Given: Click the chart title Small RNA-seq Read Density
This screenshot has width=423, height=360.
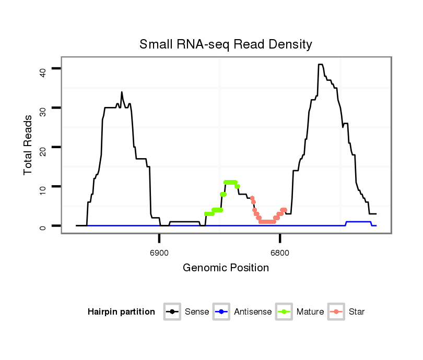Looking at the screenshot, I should pos(226,44).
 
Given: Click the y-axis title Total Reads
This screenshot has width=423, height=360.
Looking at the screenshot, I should pos(28,145).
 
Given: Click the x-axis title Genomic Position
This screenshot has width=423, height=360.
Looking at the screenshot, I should pos(226,268).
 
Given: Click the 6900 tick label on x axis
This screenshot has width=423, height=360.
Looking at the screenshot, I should pos(159,253).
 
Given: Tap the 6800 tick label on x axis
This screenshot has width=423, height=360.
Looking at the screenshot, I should pos(280,253).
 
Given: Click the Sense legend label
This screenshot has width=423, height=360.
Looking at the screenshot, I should pos(197,312).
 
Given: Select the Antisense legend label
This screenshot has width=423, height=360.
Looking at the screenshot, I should pos(253,312).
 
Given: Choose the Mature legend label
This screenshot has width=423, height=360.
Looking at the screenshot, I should pos(310,312).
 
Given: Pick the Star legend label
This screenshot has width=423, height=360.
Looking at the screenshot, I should pos(357,312).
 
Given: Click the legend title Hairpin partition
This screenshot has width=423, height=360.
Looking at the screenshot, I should pos(121,312).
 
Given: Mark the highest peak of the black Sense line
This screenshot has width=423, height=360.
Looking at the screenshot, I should pos(320,65).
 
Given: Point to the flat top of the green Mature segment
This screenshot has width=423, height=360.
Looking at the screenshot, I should pos(230,182).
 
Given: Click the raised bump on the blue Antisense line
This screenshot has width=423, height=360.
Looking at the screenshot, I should pos(358,222).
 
